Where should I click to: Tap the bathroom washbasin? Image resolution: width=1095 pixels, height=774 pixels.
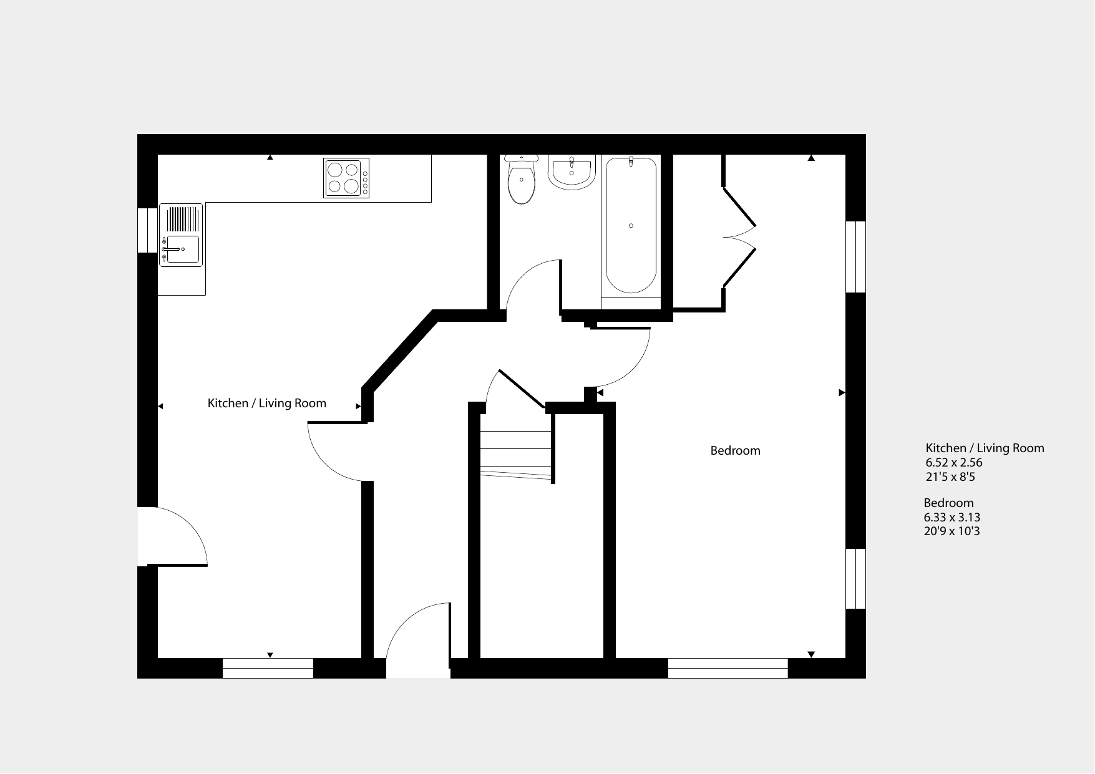(x=571, y=172)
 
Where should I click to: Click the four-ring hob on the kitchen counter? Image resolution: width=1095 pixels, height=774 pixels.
(x=346, y=178)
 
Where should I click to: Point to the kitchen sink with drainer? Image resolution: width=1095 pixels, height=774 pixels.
(x=181, y=235)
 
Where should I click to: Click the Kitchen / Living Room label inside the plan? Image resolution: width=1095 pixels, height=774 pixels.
(x=267, y=404)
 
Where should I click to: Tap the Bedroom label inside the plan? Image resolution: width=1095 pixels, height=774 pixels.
(x=736, y=451)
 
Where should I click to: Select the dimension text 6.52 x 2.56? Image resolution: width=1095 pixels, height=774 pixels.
(x=954, y=463)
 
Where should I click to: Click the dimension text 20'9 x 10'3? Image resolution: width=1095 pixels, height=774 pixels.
(x=952, y=532)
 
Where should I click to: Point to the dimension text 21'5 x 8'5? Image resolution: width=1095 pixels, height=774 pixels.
(x=950, y=477)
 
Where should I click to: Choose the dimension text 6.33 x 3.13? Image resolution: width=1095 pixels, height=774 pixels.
(x=952, y=518)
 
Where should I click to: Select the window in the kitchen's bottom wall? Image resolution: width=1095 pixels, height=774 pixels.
(x=268, y=668)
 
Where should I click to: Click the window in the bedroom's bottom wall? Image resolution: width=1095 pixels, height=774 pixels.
(x=728, y=668)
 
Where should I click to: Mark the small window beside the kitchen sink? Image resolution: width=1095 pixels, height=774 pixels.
(x=147, y=230)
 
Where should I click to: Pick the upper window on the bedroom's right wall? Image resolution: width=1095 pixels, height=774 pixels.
(x=856, y=256)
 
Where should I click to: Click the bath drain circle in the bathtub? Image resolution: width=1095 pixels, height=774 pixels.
(x=631, y=226)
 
